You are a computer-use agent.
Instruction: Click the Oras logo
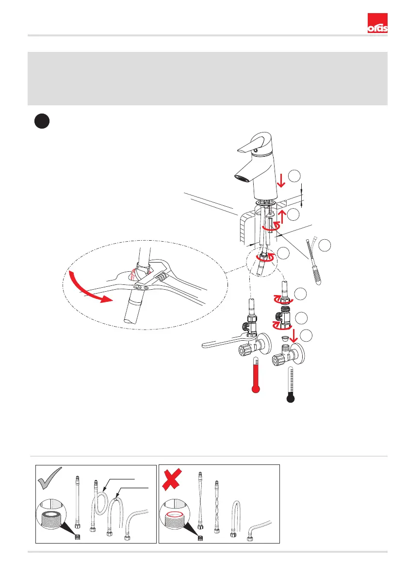[377, 23]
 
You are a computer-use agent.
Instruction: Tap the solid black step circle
[42, 121]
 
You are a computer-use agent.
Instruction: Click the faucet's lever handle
[255, 143]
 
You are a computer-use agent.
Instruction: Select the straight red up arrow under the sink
[282, 217]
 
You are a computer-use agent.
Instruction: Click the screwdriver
[313, 260]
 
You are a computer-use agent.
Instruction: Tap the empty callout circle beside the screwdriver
[325, 246]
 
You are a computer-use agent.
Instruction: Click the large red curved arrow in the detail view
[83, 287]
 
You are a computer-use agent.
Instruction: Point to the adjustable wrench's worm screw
[160, 275]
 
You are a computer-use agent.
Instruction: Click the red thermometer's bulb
[255, 389]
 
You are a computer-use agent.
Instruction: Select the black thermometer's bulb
[291, 398]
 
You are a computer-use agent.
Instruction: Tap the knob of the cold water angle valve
[278, 360]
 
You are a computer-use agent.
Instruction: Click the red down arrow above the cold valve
[293, 335]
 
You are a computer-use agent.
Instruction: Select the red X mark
[172, 479]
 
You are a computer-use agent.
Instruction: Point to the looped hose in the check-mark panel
[98, 505]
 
